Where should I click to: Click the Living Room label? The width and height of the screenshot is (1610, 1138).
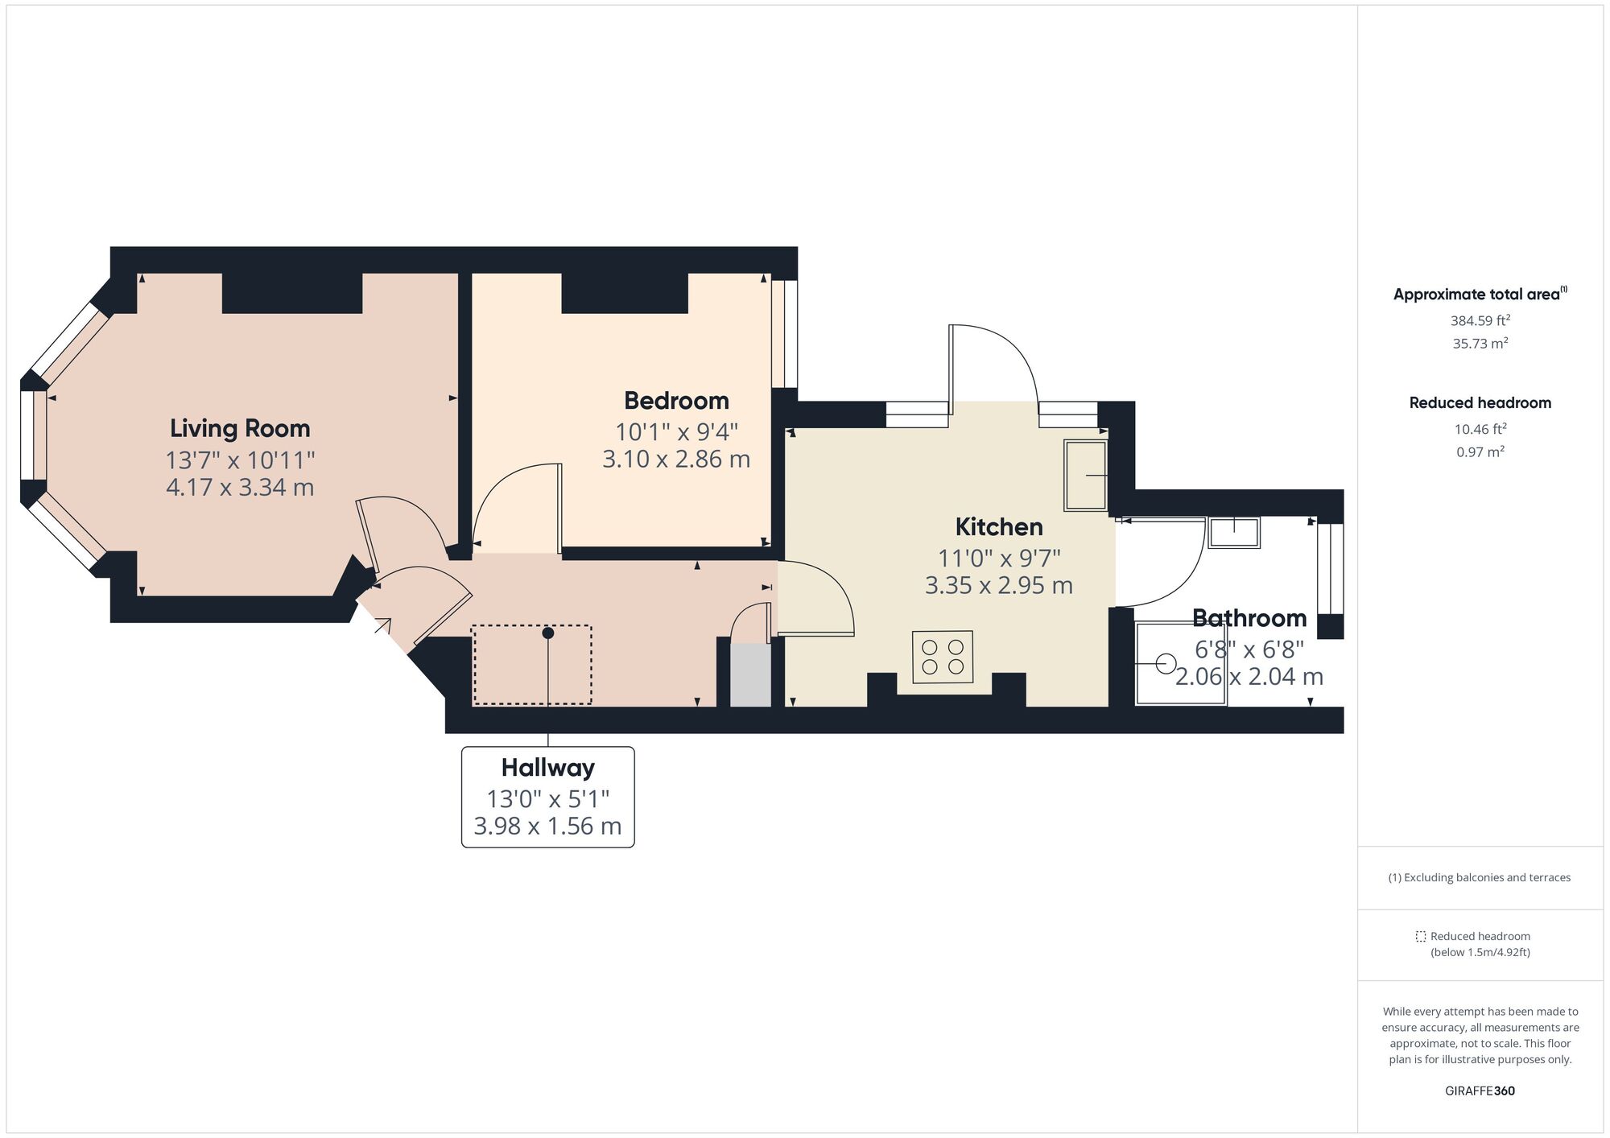240,428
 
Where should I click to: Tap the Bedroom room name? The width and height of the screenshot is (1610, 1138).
676,400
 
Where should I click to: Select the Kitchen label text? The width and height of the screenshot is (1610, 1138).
999,526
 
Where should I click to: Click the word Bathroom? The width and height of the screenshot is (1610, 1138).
1249,618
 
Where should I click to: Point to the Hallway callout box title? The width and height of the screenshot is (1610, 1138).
547,768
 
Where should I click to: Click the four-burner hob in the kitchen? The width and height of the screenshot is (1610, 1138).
943,657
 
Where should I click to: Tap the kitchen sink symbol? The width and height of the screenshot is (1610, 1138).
1086,475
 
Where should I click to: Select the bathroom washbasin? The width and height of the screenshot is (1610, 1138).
1234,533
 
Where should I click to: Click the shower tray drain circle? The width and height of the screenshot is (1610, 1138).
1165,664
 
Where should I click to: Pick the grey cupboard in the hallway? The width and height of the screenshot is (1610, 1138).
750,674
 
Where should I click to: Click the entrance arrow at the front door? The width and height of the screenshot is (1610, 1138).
382,625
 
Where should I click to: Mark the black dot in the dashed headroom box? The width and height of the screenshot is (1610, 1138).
548,633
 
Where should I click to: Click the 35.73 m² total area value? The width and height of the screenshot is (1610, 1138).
1480,344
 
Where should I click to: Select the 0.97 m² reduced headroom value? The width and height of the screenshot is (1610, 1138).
1480,452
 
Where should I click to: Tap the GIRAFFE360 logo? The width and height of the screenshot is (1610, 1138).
1480,1091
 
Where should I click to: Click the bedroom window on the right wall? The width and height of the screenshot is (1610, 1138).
784,334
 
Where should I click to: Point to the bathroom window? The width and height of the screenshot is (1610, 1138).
1330,568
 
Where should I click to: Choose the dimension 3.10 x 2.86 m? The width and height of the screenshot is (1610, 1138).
676,460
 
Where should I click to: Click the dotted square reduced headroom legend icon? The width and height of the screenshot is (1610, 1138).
1421,937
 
